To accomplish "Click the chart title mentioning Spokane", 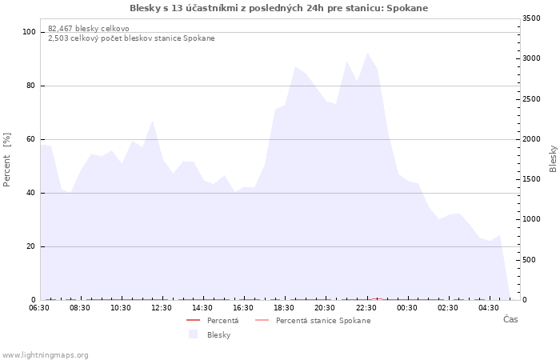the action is [278, 8].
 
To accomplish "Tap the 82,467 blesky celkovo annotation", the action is [89, 29].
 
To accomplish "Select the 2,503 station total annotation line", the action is [131, 38].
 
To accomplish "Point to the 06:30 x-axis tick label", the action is [39, 308].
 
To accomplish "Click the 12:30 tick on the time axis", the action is [162, 308].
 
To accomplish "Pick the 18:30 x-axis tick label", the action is [284, 308].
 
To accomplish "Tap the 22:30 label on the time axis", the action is [366, 308].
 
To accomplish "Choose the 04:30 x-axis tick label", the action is [489, 308].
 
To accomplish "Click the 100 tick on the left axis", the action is [29, 32].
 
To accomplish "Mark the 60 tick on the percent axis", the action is [30, 139].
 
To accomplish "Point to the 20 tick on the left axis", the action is [30, 246].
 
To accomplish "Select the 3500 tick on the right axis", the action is [531, 18].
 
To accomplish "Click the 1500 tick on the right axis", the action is [531, 179].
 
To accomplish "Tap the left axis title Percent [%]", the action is [6, 160].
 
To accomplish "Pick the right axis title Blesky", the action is [553, 159].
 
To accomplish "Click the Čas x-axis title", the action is [510, 319].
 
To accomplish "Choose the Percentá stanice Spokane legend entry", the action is [314, 321].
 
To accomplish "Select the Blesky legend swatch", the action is [194, 334].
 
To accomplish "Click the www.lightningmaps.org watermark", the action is [45, 355].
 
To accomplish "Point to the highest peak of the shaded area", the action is [367, 53].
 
